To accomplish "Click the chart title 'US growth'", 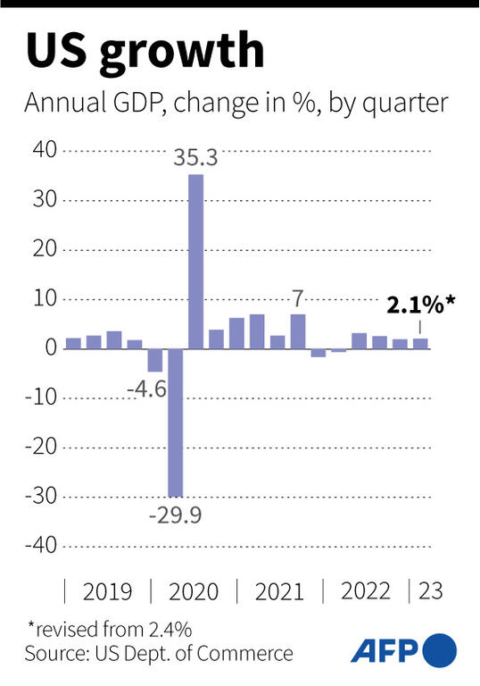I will (x=145, y=53).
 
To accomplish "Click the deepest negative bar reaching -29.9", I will (x=175, y=422).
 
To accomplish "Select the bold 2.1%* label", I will (x=420, y=305).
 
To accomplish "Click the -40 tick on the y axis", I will (x=42, y=545).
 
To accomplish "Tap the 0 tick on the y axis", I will (x=52, y=348).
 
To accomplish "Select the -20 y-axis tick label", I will (x=42, y=447).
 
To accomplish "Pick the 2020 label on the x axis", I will (x=194, y=591).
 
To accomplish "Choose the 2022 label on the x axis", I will (x=366, y=591).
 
